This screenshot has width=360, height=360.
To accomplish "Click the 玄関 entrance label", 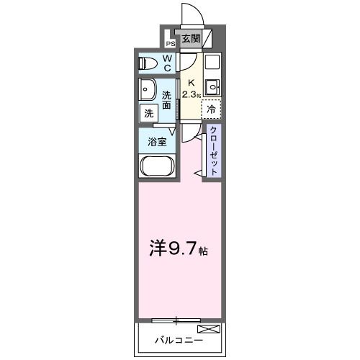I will pyautogui.click(x=191, y=38).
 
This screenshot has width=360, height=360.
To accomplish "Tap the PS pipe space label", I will pyautogui.click(x=171, y=42).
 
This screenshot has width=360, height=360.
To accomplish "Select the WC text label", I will pyautogui.click(x=166, y=63).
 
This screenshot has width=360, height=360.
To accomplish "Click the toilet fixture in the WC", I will pyautogui.click(x=148, y=63).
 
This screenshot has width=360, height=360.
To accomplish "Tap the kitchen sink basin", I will pyautogui.click(x=212, y=89).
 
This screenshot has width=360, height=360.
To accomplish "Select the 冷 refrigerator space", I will pyautogui.click(x=211, y=109).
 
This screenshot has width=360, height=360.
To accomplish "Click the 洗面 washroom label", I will pyautogui.click(x=166, y=99).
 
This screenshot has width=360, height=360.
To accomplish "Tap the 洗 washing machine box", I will pyautogui.click(x=148, y=113).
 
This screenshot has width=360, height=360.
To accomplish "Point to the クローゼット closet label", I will pyautogui.click(x=214, y=149).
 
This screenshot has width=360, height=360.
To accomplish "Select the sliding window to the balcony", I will pyautogui.click(x=177, y=318).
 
